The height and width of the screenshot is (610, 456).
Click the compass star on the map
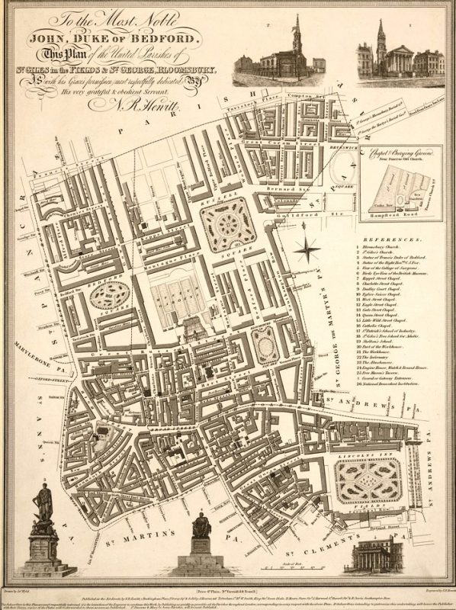[x=307, y=248]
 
